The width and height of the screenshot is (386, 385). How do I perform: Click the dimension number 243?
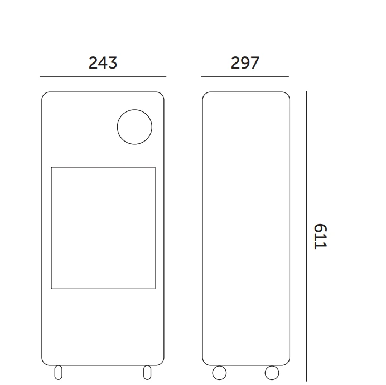(x=103, y=63)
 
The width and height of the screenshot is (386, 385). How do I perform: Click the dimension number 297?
(x=245, y=63)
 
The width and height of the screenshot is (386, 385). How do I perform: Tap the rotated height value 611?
(x=320, y=236)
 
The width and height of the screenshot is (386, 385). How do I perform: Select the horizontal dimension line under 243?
(x=103, y=77)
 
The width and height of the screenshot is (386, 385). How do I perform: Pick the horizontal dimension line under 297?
(x=245, y=77)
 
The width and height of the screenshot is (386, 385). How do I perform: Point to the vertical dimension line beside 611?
(x=306, y=236)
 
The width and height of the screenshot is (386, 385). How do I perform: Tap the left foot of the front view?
(x=59, y=372)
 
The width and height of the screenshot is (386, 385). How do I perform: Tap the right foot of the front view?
(x=147, y=372)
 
